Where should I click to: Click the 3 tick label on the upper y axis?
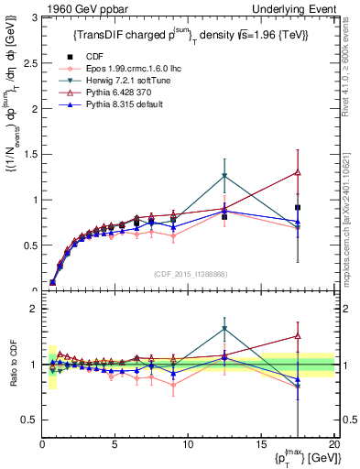[x=33, y=17]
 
